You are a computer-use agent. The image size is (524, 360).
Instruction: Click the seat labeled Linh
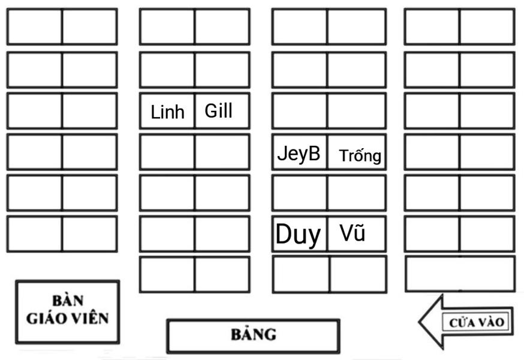tap(167, 112)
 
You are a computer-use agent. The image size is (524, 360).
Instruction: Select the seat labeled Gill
tap(221, 111)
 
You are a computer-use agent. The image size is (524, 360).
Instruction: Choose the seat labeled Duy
tap(299, 234)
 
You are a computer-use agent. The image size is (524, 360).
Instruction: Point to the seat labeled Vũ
tap(356, 233)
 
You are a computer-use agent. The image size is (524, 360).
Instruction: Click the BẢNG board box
tap(253, 335)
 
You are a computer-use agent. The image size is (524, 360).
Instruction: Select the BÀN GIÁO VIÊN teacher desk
tap(68, 311)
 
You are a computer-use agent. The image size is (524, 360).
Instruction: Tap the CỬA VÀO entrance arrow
tap(467, 322)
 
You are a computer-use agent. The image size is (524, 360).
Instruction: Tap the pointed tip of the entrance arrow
tap(420, 322)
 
